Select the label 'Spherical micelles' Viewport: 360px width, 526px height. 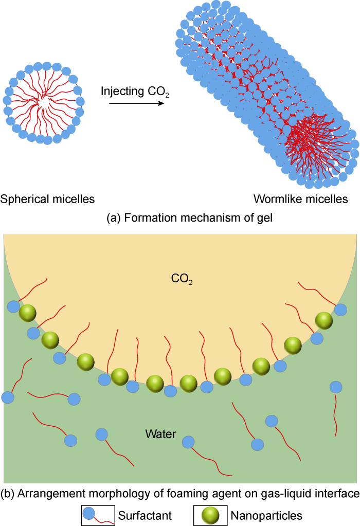pos(48,198)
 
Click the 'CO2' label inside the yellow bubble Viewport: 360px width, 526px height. pos(182,280)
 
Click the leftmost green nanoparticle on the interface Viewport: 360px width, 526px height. pos(28,313)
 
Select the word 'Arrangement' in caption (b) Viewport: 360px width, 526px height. pos(43,495)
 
